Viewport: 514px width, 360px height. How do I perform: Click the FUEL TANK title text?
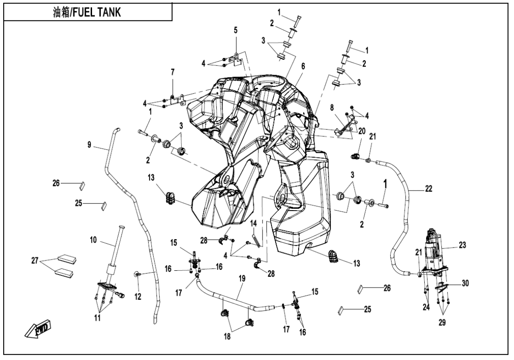tap(88, 12)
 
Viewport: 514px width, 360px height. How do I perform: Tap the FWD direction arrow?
tap(39, 328)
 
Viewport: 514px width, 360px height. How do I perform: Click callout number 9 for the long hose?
tap(89, 145)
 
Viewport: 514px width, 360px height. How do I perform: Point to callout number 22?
tap(428, 189)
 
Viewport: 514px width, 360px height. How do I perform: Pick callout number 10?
tap(93, 241)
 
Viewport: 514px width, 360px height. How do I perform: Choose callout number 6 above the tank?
tap(303, 67)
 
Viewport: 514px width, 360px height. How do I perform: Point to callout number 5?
tap(236, 30)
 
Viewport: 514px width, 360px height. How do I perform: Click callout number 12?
tap(137, 297)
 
